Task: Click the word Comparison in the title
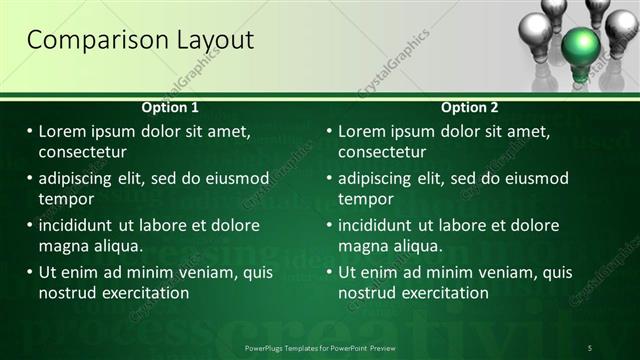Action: pos(91,40)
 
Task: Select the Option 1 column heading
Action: pos(170,107)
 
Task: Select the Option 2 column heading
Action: pos(470,107)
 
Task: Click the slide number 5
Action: pos(590,347)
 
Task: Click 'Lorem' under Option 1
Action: pos(64,131)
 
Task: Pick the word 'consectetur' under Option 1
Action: pos(82,152)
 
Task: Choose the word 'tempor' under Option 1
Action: pos(65,199)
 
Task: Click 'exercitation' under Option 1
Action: pos(141,293)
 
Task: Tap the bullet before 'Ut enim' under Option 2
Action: pos(329,272)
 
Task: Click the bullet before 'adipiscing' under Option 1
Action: pos(29,178)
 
